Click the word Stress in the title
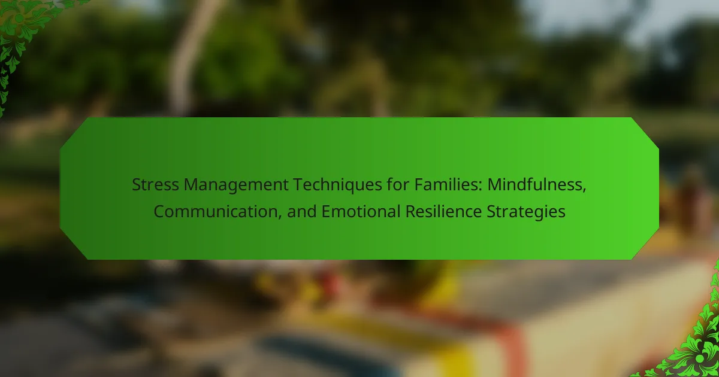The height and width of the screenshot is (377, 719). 155,185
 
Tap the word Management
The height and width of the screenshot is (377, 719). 236,186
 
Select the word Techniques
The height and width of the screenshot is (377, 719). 337,186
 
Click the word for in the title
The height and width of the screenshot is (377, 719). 398,185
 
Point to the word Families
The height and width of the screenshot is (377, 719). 446,185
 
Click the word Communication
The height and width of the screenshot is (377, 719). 215,212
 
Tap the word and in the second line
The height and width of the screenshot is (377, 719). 302,212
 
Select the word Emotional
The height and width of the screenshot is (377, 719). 361,212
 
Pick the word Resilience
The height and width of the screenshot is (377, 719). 443,212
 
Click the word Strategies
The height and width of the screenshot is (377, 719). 526,212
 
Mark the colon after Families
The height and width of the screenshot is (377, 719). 480,186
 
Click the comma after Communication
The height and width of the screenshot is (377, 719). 279,217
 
